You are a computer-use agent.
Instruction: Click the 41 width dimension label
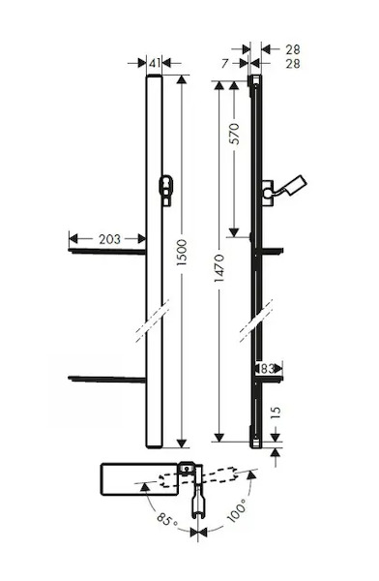click(x=155, y=63)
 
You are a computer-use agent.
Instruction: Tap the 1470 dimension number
click(x=219, y=268)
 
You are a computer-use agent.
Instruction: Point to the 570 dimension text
click(x=234, y=135)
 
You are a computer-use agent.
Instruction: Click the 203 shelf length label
click(x=109, y=239)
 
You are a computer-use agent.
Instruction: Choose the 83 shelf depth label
click(x=267, y=369)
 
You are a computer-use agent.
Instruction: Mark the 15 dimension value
click(x=276, y=413)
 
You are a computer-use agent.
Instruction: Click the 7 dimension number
click(x=225, y=64)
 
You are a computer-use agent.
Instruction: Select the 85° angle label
click(x=166, y=519)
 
